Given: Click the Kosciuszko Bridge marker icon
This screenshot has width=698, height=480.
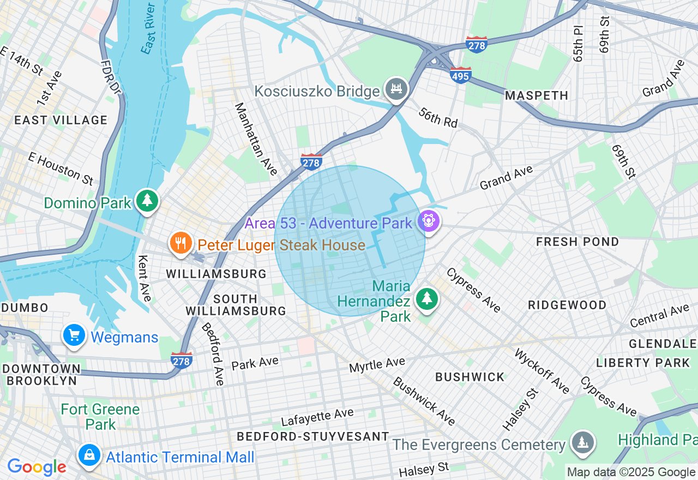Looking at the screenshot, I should pyautogui.click(x=396, y=89).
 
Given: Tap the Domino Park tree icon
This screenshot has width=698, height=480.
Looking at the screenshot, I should pyautogui.click(x=147, y=201).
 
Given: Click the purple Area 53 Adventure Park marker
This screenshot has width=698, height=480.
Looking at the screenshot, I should pyautogui.click(x=429, y=220).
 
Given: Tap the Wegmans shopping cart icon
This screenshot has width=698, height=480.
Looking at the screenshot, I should pyautogui.click(x=74, y=335).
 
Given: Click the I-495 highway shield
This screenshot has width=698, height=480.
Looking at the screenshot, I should pyautogui.click(x=460, y=75).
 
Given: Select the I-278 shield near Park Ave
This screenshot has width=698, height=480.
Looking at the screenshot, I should pyautogui.click(x=181, y=360).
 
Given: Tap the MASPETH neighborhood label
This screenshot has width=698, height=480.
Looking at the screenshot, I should pyautogui.click(x=536, y=95).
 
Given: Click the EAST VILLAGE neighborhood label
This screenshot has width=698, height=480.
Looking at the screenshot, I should pyautogui.click(x=61, y=120).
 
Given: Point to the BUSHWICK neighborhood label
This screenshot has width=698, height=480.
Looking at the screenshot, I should pyautogui.click(x=470, y=377).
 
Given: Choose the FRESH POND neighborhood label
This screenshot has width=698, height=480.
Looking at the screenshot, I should pyautogui.click(x=577, y=242).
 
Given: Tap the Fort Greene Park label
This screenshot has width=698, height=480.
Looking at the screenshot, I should pyautogui.click(x=100, y=416).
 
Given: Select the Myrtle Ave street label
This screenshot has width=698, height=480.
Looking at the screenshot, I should pyautogui.click(x=377, y=364).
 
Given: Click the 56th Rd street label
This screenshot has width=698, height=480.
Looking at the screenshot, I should pyautogui.click(x=438, y=117).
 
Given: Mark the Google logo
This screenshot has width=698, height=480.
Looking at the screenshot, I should pyautogui.click(x=37, y=467).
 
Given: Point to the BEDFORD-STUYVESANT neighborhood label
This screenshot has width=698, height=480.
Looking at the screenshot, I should pyautogui.click(x=313, y=436).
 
